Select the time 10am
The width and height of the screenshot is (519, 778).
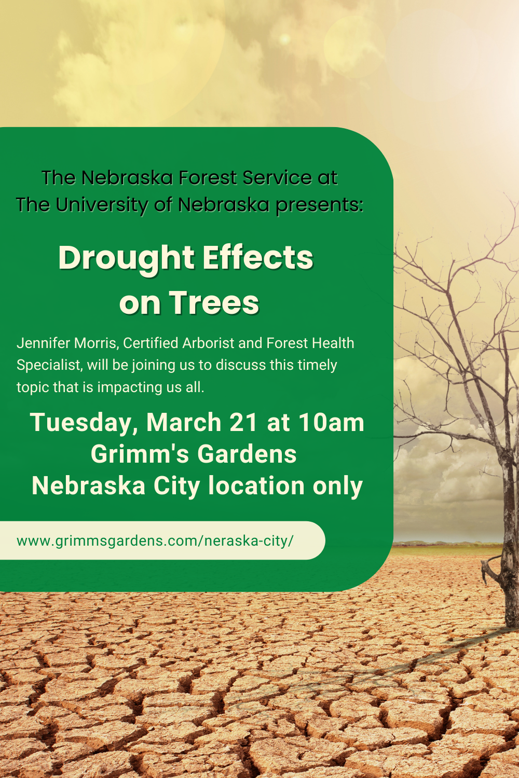click(332, 422)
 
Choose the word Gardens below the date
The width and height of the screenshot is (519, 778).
click(247, 454)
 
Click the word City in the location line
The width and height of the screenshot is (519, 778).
click(177, 487)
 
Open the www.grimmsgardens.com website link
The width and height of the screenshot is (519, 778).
click(155, 541)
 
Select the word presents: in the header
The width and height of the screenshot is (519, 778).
click(320, 205)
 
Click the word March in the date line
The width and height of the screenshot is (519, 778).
click(184, 422)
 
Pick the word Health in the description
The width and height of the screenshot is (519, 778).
click(333, 343)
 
